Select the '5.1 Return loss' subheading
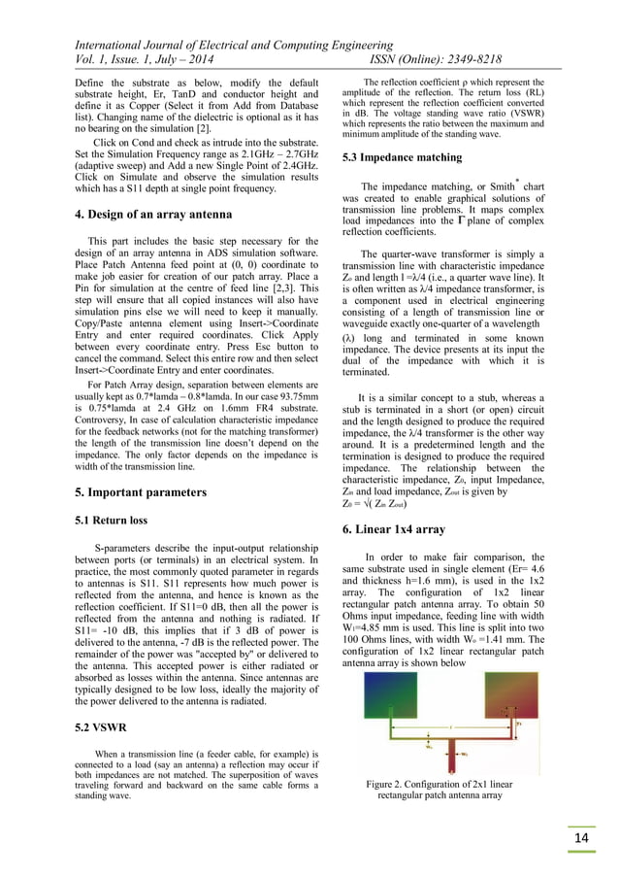(112, 520)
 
